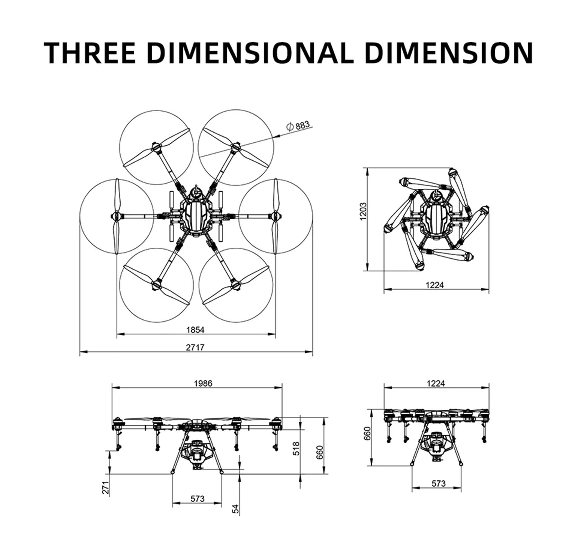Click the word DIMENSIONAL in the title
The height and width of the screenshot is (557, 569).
(x=250, y=53)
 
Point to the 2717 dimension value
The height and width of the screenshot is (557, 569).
(x=195, y=347)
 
